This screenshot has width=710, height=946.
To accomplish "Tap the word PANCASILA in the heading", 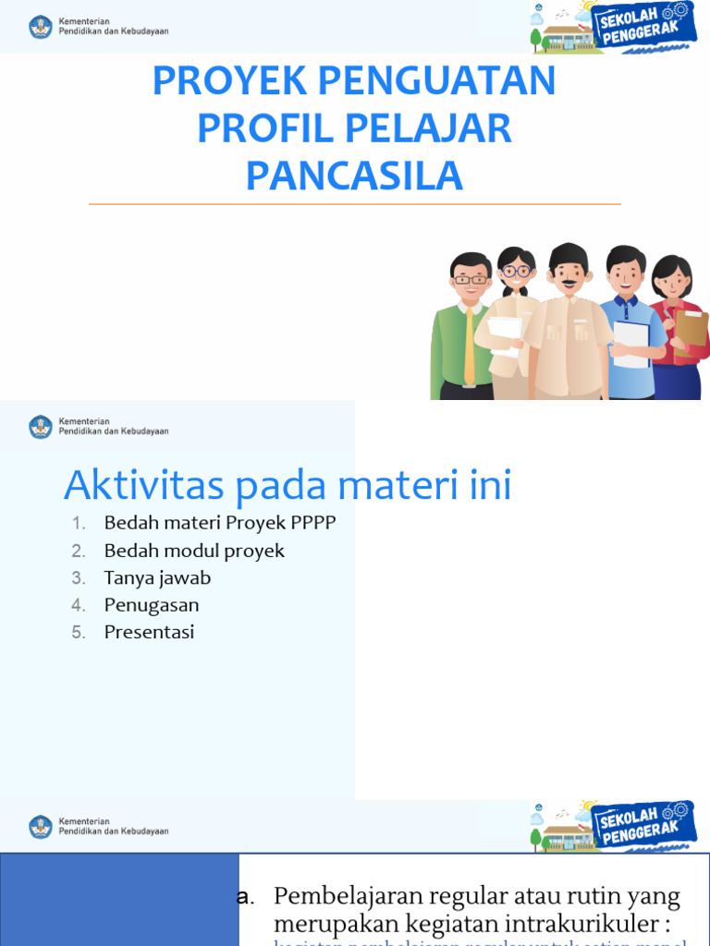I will [x=354, y=176].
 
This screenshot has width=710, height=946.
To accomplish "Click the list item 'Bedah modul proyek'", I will [x=194, y=551].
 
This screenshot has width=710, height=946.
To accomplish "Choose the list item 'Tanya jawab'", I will [x=157, y=578].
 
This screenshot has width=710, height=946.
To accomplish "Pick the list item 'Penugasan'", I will [x=152, y=605].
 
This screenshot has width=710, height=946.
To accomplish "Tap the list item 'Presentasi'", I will [x=149, y=633].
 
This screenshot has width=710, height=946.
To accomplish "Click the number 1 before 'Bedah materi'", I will [x=80, y=524].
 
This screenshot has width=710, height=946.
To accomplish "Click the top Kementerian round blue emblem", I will [x=41, y=26].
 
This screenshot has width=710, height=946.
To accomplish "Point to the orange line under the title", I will [x=354, y=204].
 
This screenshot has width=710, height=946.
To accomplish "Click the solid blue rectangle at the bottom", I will [x=119, y=900].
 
